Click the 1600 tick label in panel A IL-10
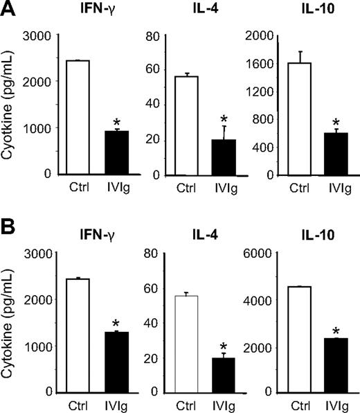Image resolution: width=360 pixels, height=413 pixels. coord(257,63)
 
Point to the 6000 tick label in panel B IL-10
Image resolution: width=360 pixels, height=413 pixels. coord(257,254)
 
